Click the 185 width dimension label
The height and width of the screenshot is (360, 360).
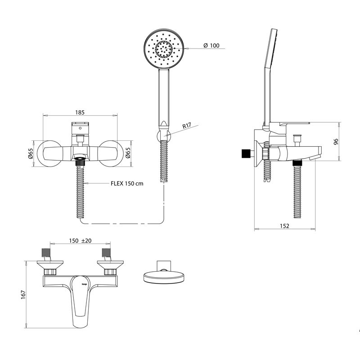pyautogui.click(x=80, y=112)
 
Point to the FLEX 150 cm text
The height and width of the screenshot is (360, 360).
pyautogui.click(x=127, y=183)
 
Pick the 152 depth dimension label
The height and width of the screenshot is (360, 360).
pyautogui.click(x=284, y=226)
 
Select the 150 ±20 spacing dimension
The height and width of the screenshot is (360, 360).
pyautogui.click(x=80, y=241)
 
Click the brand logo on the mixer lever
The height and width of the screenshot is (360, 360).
pyautogui.click(x=84, y=284)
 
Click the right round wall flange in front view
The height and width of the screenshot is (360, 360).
pyautogui.click(x=109, y=153)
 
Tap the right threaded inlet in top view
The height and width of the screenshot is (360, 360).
pyautogui.click(x=107, y=253)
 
